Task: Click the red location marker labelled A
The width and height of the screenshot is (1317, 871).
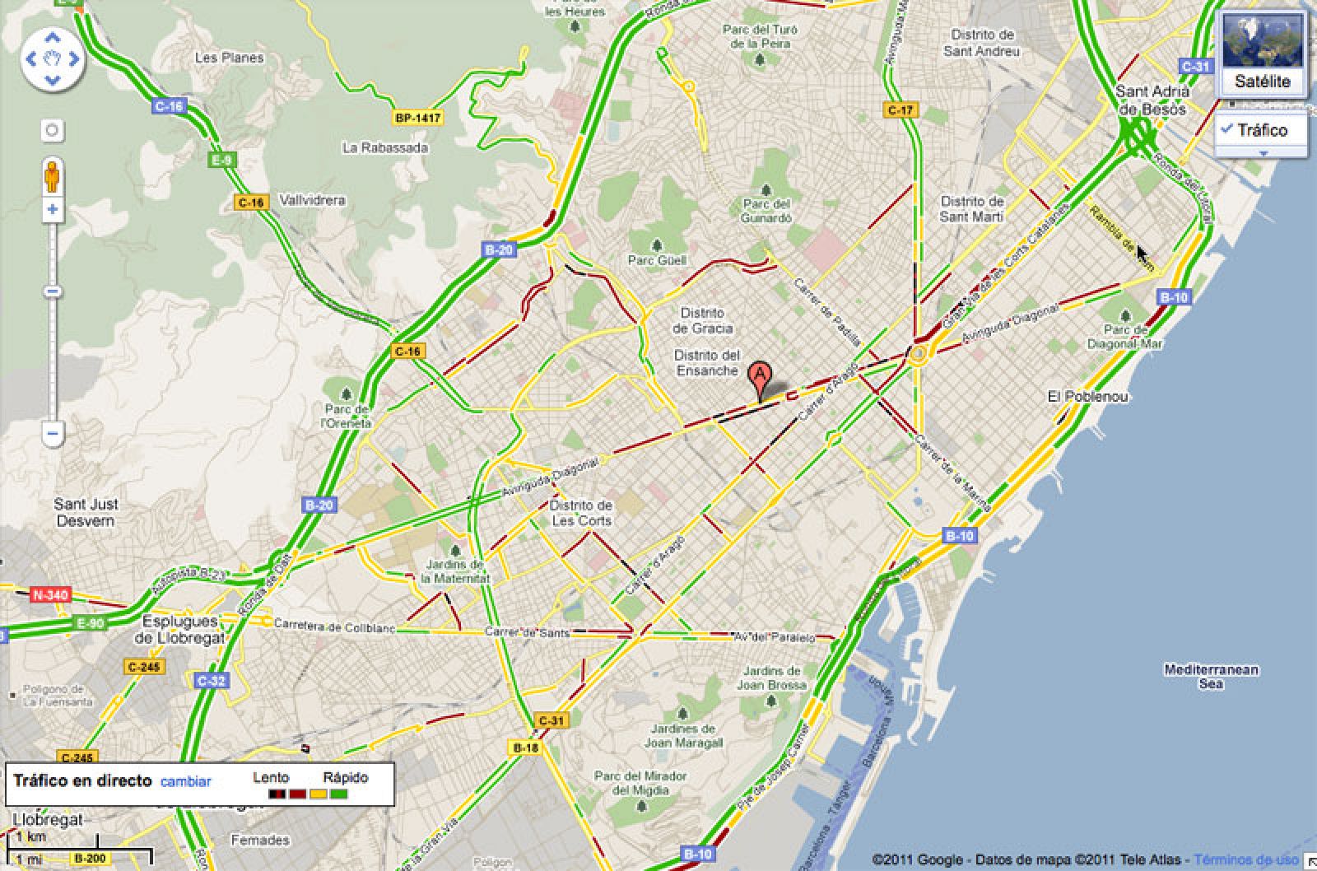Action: (x=760, y=376)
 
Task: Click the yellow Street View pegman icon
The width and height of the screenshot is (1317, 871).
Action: (x=52, y=176)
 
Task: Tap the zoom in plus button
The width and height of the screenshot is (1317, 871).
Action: (x=52, y=209)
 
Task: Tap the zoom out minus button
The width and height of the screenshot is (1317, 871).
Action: (x=52, y=432)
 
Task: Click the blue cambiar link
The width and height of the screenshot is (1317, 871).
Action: (x=185, y=781)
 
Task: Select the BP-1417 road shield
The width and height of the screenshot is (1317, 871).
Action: (x=417, y=118)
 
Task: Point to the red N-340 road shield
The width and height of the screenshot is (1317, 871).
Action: (x=50, y=594)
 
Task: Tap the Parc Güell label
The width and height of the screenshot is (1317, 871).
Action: (x=656, y=260)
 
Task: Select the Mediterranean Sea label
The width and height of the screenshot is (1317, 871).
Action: (x=1211, y=676)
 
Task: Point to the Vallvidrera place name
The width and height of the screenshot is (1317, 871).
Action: (x=312, y=200)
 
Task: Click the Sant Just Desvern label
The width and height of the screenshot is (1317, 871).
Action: (x=86, y=512)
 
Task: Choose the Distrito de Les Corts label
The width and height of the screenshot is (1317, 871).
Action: (x=581, y=513)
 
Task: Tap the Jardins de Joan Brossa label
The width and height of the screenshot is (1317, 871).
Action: (x=771, y=678)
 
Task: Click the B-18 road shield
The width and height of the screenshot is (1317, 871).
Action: (x=525, y=748)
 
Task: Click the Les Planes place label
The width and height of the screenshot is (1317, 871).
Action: (x=229, y=58)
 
